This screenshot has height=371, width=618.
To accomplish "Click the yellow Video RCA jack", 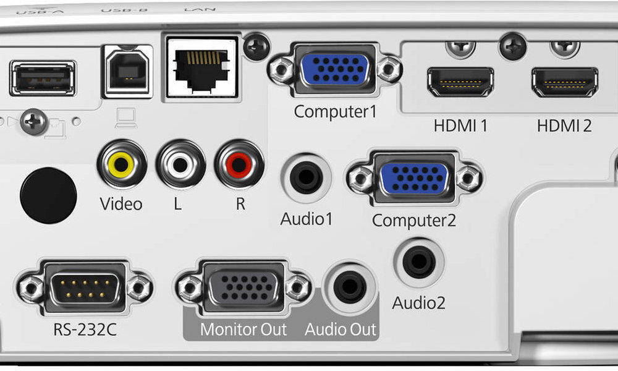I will tap(121, 164).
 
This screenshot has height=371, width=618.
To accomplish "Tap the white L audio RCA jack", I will tap(180, 164).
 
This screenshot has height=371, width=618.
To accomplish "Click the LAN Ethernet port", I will tap(201, 66).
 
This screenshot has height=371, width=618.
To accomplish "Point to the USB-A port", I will tap(43, 78).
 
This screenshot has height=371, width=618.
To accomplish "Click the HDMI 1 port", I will tap(460, 82).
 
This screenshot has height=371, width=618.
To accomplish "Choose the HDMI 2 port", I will tap(565, 82).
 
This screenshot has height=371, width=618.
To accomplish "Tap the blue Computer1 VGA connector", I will tap(335, 69).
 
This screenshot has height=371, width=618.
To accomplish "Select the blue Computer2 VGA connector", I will tap(414, 179).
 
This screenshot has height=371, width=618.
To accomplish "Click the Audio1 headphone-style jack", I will tap(305, 179).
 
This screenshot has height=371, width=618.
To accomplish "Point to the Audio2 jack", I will tap(419, 263).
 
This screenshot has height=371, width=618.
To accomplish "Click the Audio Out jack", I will tap(349, 286).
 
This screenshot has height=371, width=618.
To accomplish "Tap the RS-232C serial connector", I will tap(85, 287).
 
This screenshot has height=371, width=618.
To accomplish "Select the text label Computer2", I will tap(414, 220).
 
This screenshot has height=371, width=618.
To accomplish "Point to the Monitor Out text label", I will tap(243, 329).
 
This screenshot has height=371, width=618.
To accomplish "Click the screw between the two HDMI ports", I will tap(512, 47).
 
